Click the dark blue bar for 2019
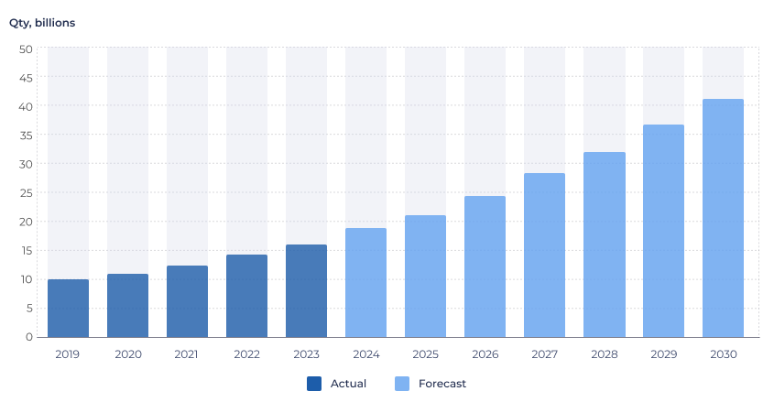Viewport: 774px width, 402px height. click(x=68, y=308)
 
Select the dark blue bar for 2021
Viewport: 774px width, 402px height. click(x=187, y=301)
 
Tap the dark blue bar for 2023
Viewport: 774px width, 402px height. click(x=306, y=290)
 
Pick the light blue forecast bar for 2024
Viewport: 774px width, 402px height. click(x=365, y=282)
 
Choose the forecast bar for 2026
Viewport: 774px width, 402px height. click(x=485, y=266)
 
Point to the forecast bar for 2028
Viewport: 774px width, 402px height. click(x=605, y=244)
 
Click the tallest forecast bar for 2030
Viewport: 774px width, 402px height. click(x=723, y=218)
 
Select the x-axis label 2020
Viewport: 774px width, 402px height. click(x=127, y=354)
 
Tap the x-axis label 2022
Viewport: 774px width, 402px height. click(x=246, y=354)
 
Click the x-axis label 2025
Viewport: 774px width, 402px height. click(x=425, y=354)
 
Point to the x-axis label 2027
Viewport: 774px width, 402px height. click(x=544, y=354)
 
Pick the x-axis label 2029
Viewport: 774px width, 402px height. click(x=663, y=354)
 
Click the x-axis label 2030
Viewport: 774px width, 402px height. click(x=723, y=354)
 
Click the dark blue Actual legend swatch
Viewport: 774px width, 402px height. click(x=314, y=384)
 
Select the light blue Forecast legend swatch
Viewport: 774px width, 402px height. click(x=402, y=384)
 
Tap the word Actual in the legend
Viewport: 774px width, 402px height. click(x=348, y=384)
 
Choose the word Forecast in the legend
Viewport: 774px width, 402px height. click(x=442, y=384)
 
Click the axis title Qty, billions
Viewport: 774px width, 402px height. click(x=42, y=22)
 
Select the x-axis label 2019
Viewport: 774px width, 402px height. click(x=68, y=354)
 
